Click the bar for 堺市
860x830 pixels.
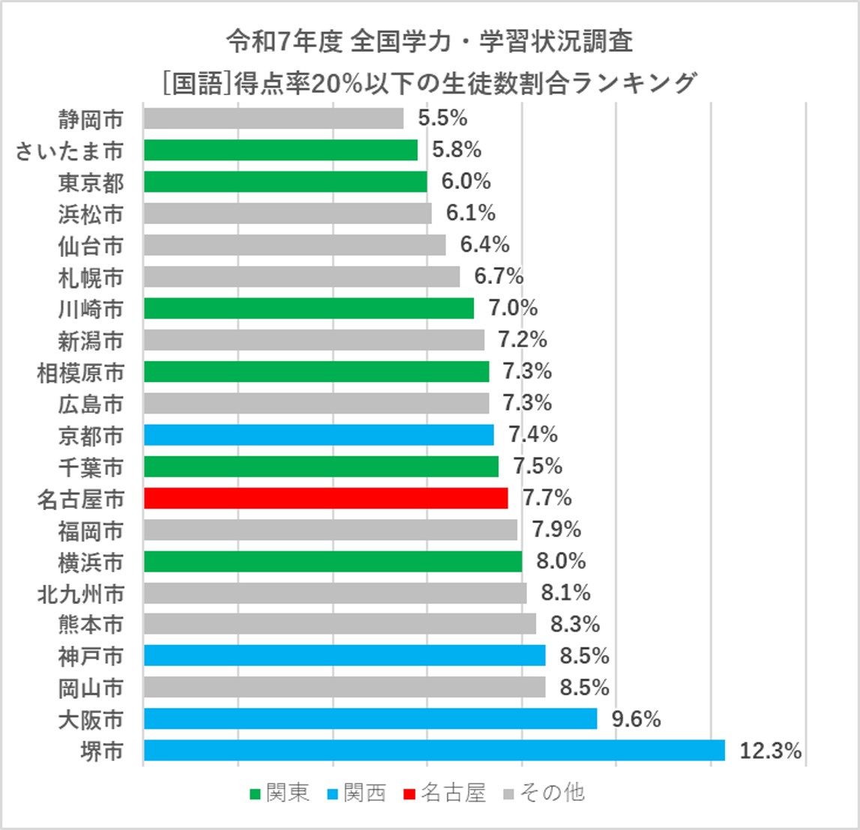pos(434,751)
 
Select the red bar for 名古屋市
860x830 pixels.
pos(325,498)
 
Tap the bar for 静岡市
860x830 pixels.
pos(273,118)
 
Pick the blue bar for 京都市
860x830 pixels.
pos(319,434)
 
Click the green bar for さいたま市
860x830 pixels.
pos(280,150)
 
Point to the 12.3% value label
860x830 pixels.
pos(770,751)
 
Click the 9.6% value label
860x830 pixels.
pos(636,719)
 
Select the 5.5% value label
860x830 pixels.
pos(442,118)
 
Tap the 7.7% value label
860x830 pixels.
pos(547,498)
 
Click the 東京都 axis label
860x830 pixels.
pos(91,182)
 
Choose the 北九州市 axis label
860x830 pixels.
pos(80,593)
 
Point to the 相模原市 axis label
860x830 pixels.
pos(80,372)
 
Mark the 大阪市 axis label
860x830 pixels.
pos(91,720)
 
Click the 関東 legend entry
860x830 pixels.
pos(280,793)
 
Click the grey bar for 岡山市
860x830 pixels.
pos(344,688)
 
